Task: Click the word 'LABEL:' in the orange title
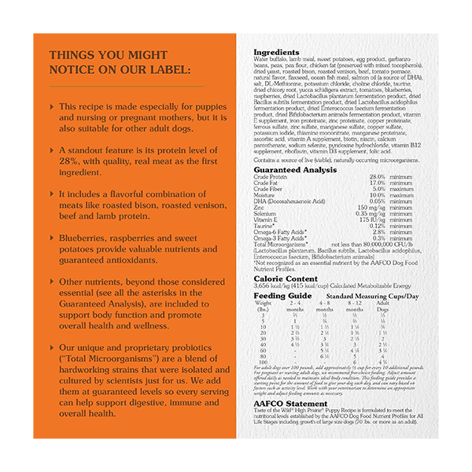(x=160, y=72)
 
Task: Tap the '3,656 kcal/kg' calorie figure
(x=270, y=286)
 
